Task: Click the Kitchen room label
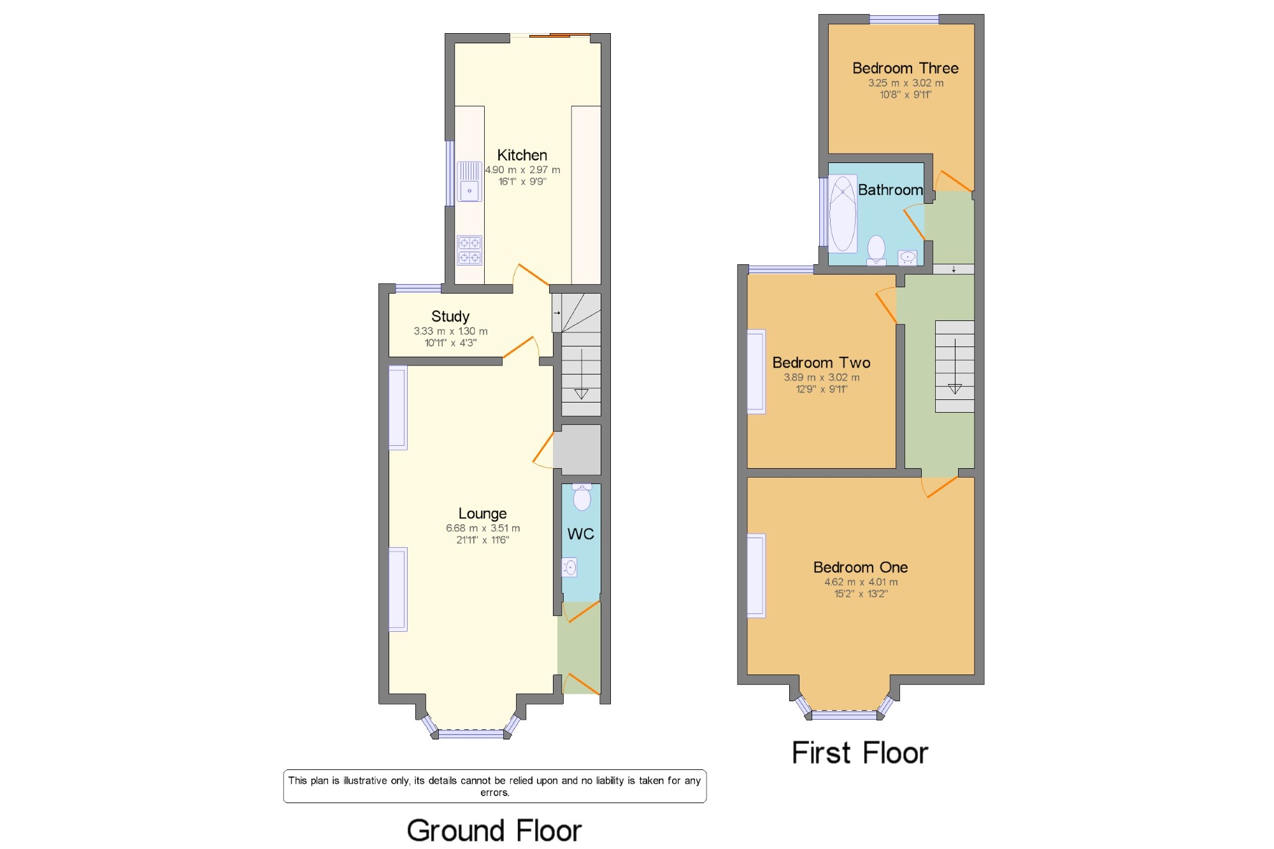(522, 155)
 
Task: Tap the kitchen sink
(469, 182)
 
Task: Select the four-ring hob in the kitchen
(469, 250)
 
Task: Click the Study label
(450, 317)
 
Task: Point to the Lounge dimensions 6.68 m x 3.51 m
(483, 528)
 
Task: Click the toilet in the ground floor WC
(582, 497)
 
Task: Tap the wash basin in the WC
(569, 567)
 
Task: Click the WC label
(580, 534)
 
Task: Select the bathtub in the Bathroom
(843, 213)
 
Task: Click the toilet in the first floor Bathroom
(877, 250)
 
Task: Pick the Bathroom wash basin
(908, 257)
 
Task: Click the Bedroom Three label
(905, 68)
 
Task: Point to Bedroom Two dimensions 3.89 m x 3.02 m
(822, 377)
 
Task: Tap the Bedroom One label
(861, 567)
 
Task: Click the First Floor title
(860, 753)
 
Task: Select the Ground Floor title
(494, 831)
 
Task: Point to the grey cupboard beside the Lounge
(577, 450)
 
